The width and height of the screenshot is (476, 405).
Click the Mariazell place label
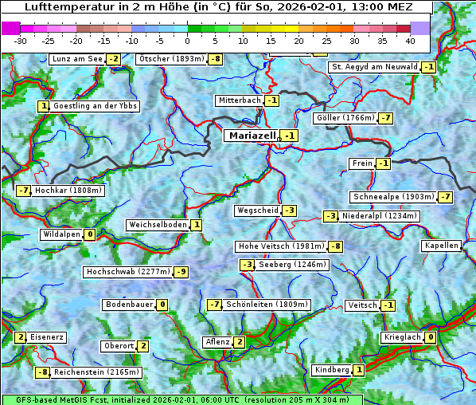click(x=252, y=136)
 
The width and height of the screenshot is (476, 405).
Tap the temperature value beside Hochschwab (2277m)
click(x=181, y=272)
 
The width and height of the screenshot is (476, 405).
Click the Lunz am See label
click(x=77, y=59)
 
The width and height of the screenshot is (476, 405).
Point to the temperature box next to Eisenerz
click(x=21, y=337)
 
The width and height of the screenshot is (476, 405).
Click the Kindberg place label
click(x=332, y=370)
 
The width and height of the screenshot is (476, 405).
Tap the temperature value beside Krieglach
click(x=431, y=337)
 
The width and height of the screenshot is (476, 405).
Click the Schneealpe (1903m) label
click(x=393, y=197)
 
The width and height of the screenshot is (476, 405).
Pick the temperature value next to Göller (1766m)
click(x=386, y=118)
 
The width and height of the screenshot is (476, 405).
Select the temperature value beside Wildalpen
click(x=90, y=234)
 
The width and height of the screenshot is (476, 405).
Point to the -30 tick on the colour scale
click(x=21, y=41)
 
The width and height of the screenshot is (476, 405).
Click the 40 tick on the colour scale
click(x=410, y=41)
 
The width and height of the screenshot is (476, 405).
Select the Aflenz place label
click(x=217, y=342)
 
